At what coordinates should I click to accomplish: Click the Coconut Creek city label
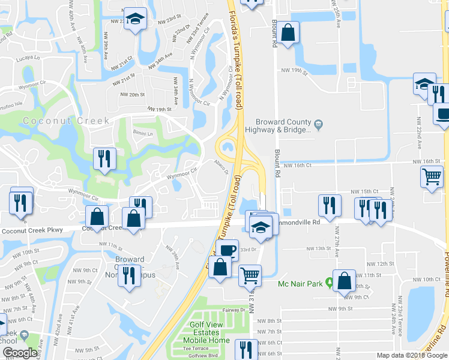[67, 121]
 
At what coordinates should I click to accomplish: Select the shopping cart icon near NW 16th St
[432, 176]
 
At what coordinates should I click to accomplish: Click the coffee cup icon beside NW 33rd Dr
[227, 250]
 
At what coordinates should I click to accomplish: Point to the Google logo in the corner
[20, 353]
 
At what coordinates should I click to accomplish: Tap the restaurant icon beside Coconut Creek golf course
[104, 159]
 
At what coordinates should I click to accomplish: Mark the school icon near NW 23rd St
[136, 19]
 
